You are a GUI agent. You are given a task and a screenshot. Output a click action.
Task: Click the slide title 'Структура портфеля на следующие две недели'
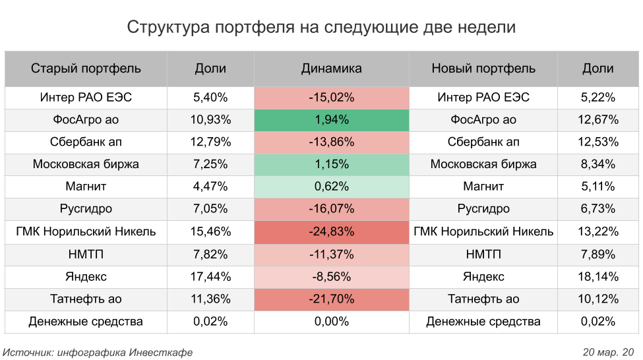pyautogui.click(x=321, y=27)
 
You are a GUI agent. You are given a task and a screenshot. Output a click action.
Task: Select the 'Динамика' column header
pyautogui.click(x=331, y=69)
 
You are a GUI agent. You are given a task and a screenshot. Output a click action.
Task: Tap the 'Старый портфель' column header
pyautogui.click(x=86, y=69)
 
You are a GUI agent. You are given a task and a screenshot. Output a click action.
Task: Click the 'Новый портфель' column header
pyautogui.click(x=483, y=69)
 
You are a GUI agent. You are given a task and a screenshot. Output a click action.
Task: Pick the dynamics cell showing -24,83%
pyautogui.click(x=331, y=232)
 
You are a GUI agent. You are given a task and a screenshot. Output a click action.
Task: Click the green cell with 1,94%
pyautogui.click(x=331, y=120)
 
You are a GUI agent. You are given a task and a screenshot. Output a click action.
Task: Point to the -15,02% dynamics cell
pyautogui.click(x=331, y=98)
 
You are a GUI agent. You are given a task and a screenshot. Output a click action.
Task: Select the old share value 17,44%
pyautogui.click(x=210, y=277)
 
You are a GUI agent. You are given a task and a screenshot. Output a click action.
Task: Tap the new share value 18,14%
pyautogui.click(x=598, y=277)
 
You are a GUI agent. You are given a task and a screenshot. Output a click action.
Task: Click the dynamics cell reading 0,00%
pyautogui.click(x=331, y=322)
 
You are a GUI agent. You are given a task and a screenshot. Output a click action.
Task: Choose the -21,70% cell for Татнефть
pyautogui.click(x=331, y=299)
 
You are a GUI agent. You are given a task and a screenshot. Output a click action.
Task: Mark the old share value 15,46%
pyautogui.click(x=210, y=232)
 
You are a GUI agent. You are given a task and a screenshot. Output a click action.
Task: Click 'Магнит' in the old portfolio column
pyautogui.click(x=86, y=187)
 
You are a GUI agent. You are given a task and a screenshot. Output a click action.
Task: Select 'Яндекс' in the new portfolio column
pyautogui.click(x=483, y=277)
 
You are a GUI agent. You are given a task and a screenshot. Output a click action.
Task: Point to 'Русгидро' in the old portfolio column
pyautogui.click(x=86, y=210)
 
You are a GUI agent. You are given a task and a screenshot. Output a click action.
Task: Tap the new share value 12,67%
pyautogui.click(x=598, y=120)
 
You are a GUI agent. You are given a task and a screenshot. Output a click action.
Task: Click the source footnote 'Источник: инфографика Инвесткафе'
pyautogui.click(x=98, y=352)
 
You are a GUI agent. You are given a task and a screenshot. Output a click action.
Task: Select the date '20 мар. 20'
pyautogui.click(x=608, y=352)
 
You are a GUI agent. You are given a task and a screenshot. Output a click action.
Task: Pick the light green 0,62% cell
pyautogui.click(x=331, y=187)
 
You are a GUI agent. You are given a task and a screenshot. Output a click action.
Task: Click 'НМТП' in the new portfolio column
pyautogui.click(x=483, y=255)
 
